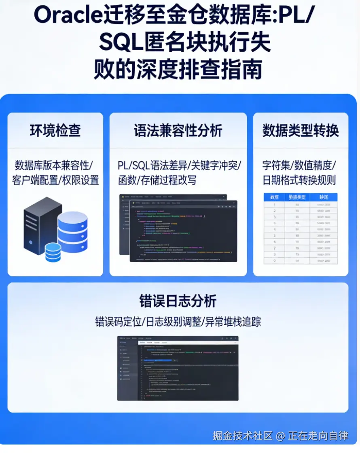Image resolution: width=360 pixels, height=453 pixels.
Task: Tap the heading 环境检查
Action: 55,131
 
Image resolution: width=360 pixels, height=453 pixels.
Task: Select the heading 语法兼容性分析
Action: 178,131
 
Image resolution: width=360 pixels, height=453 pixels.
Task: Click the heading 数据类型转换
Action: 301,131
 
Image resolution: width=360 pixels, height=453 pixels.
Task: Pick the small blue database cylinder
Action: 53,252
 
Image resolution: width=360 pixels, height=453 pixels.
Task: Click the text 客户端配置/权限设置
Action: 55,180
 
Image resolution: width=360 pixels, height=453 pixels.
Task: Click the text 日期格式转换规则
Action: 299,180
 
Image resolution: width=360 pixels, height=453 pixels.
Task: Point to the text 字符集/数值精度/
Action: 299,165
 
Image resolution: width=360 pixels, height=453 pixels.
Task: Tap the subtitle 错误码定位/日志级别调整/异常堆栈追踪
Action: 178,322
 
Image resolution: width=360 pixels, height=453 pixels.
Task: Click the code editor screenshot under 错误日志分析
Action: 178,368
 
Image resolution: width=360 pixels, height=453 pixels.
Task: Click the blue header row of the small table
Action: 301,197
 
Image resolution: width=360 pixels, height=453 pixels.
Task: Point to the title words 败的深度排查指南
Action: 178,70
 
